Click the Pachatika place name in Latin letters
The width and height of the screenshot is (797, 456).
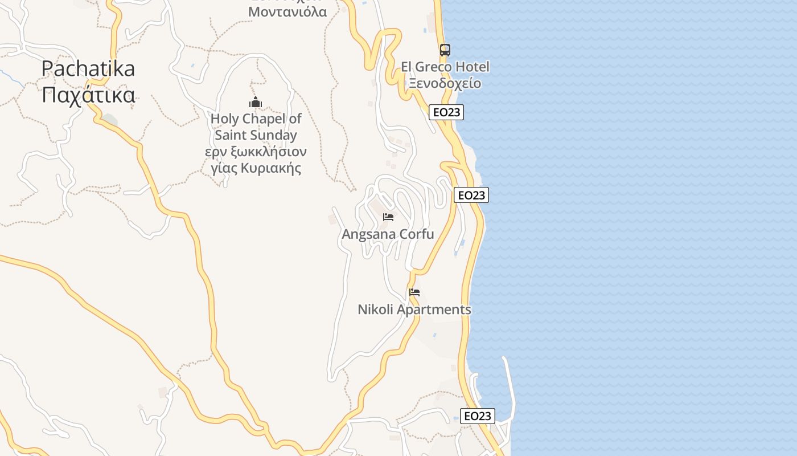click(88, 69)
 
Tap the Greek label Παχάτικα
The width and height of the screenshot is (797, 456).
click(88, 95)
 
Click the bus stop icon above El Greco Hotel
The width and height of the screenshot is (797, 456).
click(445, 50)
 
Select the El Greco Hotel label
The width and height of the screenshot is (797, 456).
click(445, 67)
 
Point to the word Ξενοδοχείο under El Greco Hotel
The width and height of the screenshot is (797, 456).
click(445, 83)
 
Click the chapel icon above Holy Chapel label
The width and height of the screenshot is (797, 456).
click(256, 103)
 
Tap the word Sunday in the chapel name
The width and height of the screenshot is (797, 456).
click(272, 136)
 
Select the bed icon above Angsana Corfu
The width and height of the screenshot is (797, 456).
click(388, 217)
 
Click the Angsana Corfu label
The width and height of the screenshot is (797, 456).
click(388, 234)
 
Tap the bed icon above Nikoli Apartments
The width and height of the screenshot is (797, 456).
click(414, 292)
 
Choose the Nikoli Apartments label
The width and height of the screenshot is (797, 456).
click(414, 310)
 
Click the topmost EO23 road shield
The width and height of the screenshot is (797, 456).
click(446, 112)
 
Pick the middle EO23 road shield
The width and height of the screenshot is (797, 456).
click(471, 195)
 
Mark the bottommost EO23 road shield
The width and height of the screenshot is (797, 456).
click(477, 416)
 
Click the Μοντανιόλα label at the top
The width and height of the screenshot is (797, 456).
click(287, 11)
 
